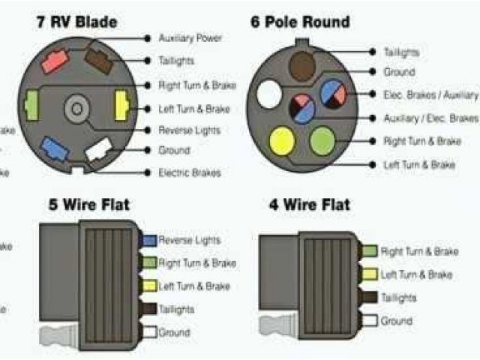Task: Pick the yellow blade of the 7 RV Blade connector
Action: [120, 106]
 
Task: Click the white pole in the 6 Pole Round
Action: [268, 95]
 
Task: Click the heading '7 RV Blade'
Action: [76, 22]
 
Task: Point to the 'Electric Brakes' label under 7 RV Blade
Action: [189, 173]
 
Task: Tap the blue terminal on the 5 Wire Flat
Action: [148, 240]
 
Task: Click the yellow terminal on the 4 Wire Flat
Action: [367, 274]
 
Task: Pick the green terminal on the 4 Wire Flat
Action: [367, 251]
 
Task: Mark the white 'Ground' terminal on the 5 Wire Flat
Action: [148, 331]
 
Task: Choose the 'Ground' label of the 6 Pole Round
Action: [399, 73]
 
